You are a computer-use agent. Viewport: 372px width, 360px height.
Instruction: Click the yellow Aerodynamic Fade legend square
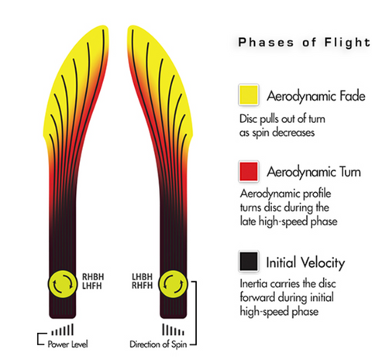click(249, 94)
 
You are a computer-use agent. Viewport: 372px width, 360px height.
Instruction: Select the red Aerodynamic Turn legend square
click(249, 171)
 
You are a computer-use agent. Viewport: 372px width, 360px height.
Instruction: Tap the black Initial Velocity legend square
click(249, 262)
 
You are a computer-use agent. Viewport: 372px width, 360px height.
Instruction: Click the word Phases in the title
click(266, 43)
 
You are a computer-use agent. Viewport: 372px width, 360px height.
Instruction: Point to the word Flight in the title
click(347, 42)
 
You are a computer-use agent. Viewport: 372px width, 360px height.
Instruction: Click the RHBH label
click(93, 277)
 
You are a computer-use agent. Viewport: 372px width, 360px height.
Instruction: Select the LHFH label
click(91, 286)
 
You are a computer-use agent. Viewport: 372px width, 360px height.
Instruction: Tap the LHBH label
click(142, 276)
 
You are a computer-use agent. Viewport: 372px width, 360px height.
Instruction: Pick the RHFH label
click(142, 286)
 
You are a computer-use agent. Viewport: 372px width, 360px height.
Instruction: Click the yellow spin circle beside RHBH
click(63, 284)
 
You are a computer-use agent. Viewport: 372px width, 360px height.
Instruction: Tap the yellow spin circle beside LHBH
click(173, 283)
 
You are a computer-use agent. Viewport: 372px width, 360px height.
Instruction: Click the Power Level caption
click(67, 344)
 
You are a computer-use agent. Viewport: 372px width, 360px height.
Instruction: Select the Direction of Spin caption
click(158, 345)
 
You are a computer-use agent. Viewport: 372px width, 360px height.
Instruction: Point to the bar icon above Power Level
click(62, 330)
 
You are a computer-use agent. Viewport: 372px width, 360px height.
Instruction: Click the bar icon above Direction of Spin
click(173, 330)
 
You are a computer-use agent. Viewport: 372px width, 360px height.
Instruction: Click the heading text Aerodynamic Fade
click(316, 96)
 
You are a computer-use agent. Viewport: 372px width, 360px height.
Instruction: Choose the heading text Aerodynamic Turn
click(314, 172)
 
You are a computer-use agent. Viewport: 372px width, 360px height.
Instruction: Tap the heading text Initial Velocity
click(305, 262)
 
